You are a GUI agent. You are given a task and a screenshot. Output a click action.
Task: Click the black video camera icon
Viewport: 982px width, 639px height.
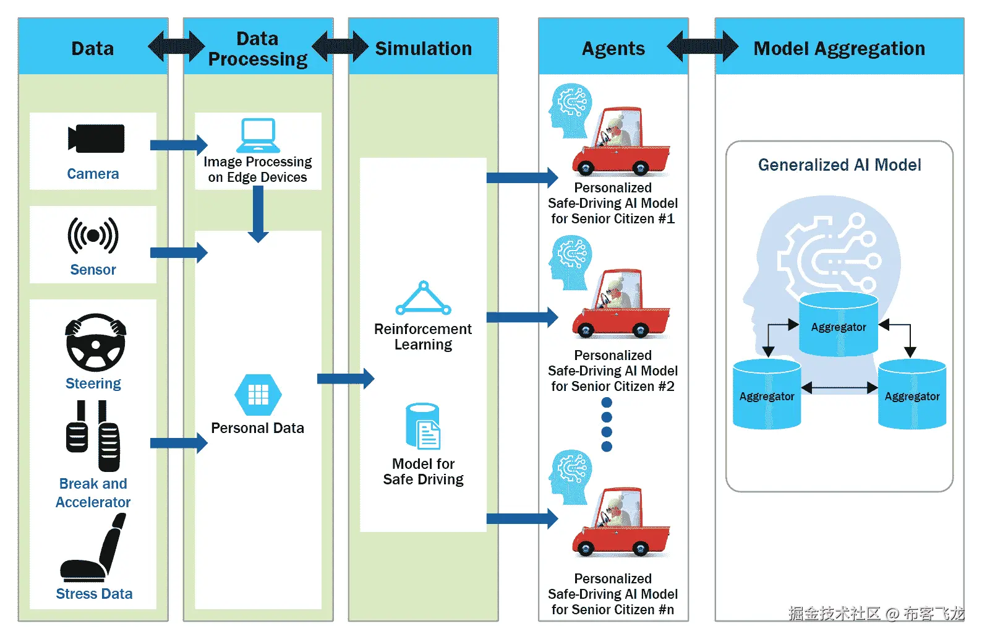click(96, 138)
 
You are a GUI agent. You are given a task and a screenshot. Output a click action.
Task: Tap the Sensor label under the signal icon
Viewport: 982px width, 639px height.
click(93, 270)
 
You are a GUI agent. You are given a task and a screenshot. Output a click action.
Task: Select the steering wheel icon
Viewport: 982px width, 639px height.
click(95, 342)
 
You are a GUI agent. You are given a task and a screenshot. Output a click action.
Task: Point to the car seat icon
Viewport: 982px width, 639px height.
click(93, 548)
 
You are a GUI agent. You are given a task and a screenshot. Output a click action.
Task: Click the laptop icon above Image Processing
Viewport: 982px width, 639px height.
click(258, 135)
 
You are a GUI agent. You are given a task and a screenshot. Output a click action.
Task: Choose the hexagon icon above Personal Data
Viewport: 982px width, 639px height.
click(258, 394)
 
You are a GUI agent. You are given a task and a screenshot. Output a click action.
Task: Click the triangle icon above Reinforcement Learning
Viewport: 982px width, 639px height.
click(423, 299)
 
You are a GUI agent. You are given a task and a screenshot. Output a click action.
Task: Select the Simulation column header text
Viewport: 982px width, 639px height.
click(424, 48)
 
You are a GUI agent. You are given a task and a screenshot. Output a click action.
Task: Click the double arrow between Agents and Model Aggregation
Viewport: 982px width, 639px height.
click(702, 46)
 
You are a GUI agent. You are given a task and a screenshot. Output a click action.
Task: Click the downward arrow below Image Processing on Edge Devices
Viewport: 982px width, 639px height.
click(258, 214)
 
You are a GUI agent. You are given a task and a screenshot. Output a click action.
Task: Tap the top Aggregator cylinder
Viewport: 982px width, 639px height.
click(839, 325)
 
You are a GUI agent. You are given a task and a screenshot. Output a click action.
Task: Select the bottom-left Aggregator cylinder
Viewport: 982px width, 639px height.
click(767, 395)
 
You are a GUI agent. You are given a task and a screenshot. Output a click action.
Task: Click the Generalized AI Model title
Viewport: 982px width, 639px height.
click(839, 165)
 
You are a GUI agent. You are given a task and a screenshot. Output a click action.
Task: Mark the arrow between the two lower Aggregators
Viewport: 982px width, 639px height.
click(839, 388)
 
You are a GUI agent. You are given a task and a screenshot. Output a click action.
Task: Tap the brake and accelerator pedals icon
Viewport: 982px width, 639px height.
click(93, 436)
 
